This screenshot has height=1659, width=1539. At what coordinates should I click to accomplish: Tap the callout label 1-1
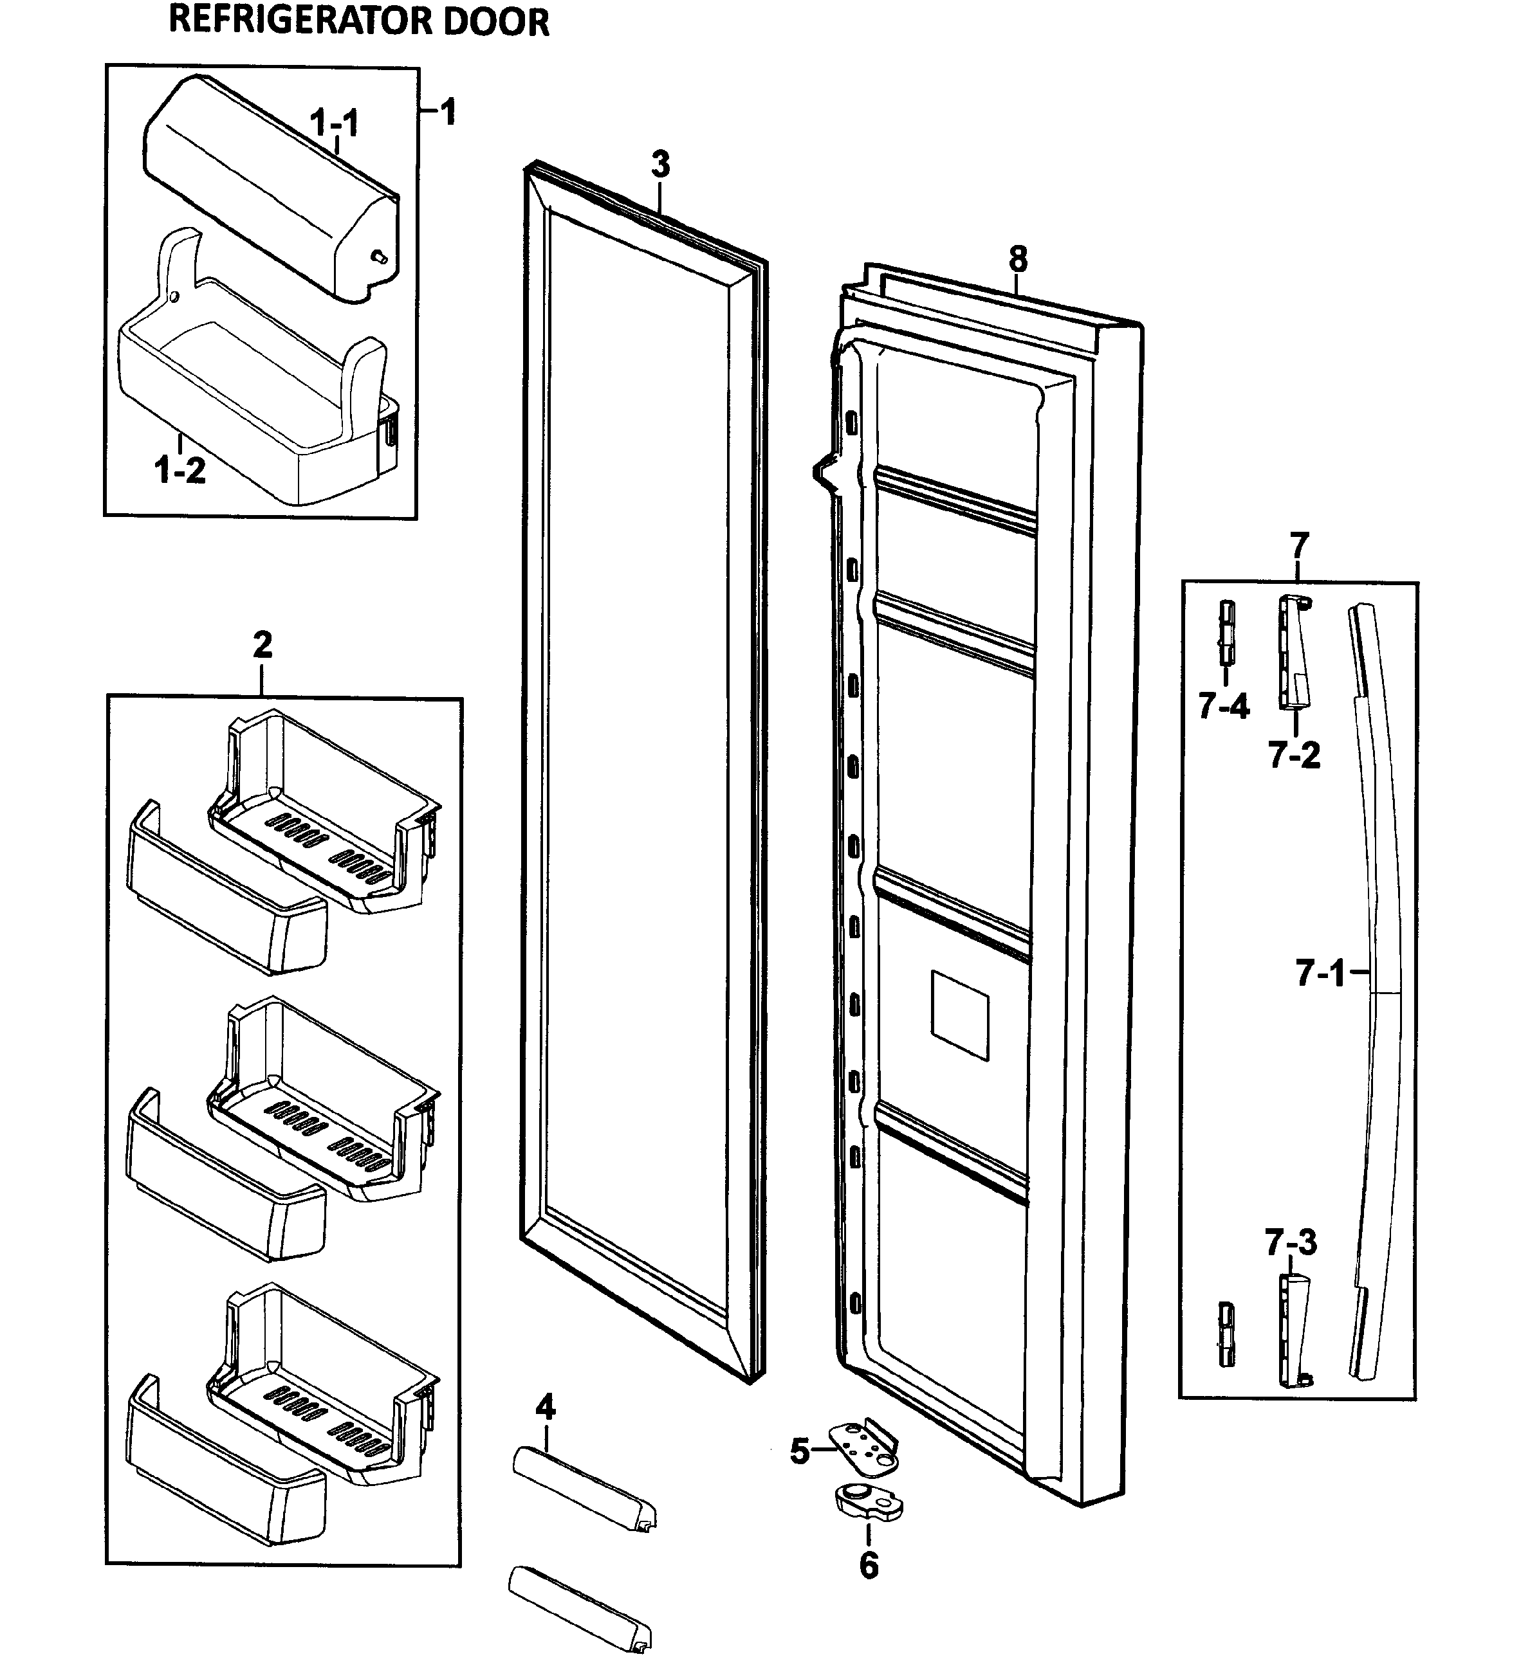[334, 123]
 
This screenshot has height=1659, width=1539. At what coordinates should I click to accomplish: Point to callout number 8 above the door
[1018, 260]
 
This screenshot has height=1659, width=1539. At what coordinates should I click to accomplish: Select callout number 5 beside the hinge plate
[800, 1451]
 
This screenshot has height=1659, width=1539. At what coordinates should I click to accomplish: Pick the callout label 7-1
[1320, 973]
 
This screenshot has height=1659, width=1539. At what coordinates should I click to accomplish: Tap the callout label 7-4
[1223, 707]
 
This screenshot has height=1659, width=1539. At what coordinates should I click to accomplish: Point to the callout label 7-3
[1291, 1243]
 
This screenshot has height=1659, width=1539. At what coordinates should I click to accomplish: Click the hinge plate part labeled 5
[867, 1447]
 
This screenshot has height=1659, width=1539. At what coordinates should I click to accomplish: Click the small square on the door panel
[959, 1015]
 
